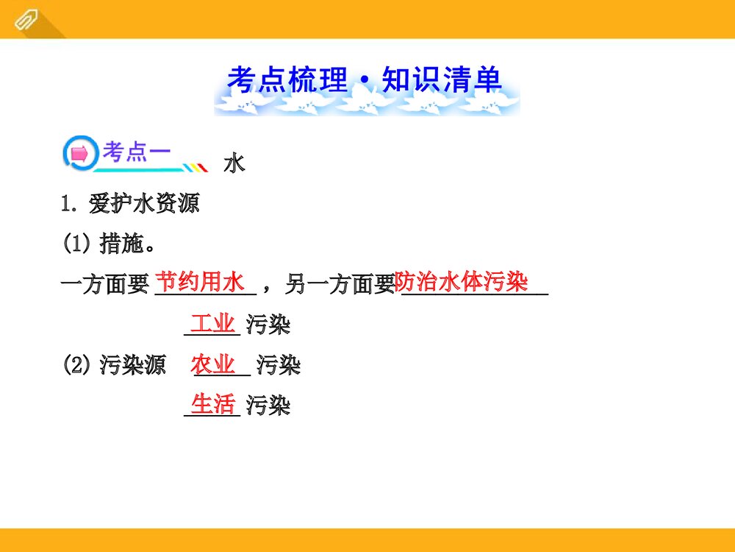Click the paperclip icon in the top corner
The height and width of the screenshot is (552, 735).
click(25, 19)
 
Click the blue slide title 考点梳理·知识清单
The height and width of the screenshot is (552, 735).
click(365, 80)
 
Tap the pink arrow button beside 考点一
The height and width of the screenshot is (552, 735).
click(79, 154)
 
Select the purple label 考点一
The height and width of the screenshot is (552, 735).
click(136, 152)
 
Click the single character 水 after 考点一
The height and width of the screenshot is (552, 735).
click(234, 163)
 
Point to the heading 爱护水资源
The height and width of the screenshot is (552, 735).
click(144, 203)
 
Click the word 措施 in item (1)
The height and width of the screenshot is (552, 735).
click(121, 244)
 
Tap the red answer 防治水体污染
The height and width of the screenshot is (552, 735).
click(462, 281)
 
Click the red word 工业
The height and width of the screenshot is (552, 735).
click(212, 323)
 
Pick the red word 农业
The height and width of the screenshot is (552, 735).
click(213, 364)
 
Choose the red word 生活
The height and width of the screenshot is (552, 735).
click(212, 404)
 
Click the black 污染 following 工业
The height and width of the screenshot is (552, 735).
click(268, 325)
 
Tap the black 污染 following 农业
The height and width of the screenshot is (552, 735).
click(279, 365)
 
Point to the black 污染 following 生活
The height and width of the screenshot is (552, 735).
click(268, 406)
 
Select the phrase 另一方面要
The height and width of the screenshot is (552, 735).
click(340, 284)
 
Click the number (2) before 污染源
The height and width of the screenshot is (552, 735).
click(77, 365)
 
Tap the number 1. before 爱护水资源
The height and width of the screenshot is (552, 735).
click(71, 204)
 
